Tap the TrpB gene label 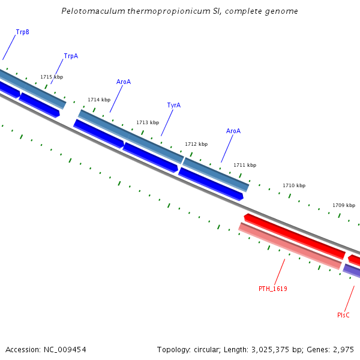coord(22,32)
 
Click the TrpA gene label coord(71,56)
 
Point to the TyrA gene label coord(173,105)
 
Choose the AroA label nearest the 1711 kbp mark coord(233,131)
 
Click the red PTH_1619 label coord(272,289)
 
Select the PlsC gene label coord(343,315)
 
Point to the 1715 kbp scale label coord(52,77)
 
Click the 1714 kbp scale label coord(99,100)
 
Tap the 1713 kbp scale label coord(148,122)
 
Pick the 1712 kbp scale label coord(196,144)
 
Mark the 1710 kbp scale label coord(294,185)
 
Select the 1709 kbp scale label coord(344,205)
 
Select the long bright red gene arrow coord(294,236)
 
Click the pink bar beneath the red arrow coord(290,247)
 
